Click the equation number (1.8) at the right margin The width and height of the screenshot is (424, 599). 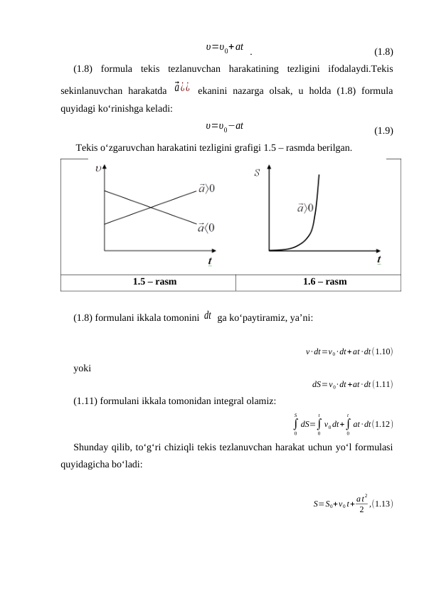click(383, 52)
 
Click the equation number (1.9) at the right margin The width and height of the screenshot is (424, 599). click(383, 130)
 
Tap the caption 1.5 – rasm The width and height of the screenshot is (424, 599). click(155, 282)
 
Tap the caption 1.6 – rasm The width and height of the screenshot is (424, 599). click(325, 282)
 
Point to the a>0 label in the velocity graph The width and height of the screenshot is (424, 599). click(208, 189)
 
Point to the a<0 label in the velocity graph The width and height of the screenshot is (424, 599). click(207, 228)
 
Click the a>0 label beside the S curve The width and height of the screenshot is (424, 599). click(306, 208)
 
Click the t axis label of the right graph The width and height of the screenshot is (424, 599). click(379, 260)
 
